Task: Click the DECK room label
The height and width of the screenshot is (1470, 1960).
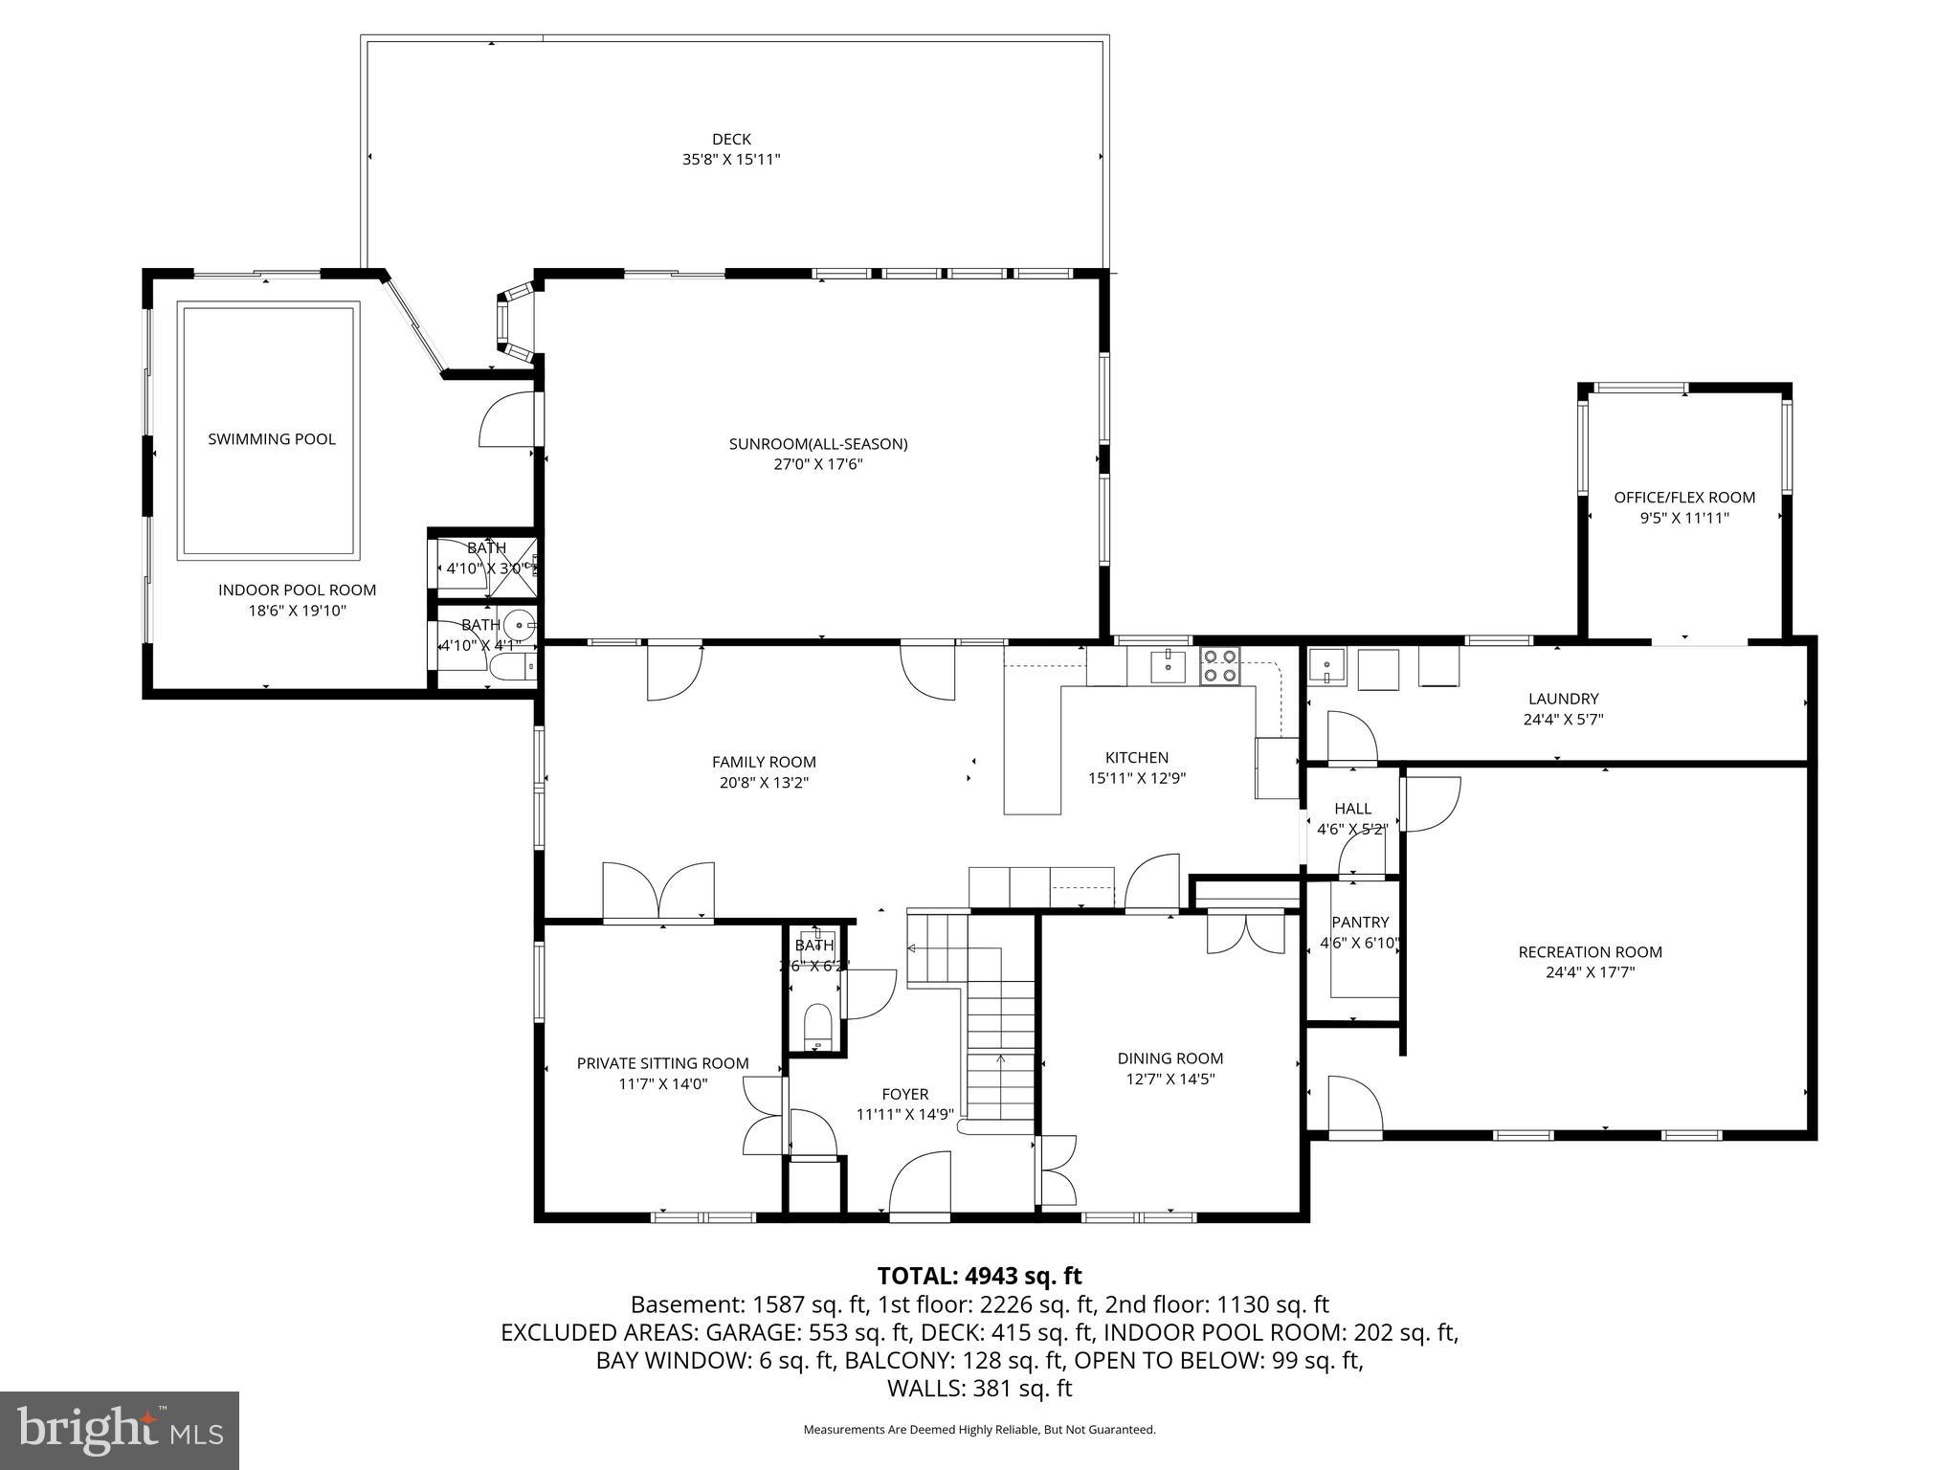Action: click(731, 140)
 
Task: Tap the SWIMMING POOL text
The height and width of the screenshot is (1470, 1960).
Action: click(272, 439)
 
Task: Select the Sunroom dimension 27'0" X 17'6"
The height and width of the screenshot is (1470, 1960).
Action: click(817, 464)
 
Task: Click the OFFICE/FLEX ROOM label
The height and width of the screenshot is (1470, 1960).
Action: click(1684, 498)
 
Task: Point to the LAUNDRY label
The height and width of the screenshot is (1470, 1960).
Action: click(1563, 700)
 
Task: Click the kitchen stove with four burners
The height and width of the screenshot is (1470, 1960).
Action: click(1220, 665)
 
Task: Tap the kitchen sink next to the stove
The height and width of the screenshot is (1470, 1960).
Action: click(1168, 665)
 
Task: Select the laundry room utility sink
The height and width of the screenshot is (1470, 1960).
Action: click(1327, 666)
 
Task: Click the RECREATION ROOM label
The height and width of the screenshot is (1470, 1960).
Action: click(1590, 952)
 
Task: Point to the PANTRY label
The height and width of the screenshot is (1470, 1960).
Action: click(1359, 923)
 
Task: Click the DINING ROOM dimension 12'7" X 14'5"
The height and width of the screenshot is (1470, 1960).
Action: click(1170, 1079)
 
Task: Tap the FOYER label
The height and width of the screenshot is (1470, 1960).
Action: click(904, 1095)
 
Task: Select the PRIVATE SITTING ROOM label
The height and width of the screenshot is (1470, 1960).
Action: click(662, 1063)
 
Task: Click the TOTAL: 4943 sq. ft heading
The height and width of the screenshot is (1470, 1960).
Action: click(979, 1276)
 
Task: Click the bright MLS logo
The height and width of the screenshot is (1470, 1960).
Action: click(120, 1430)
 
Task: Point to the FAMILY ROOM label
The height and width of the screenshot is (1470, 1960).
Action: click(764, 763)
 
